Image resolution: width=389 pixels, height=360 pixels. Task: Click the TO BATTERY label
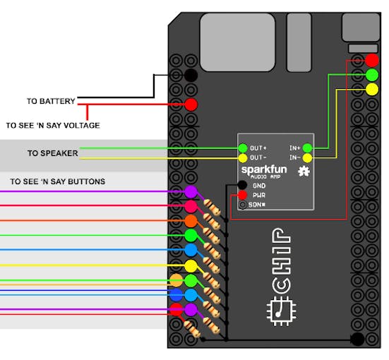click(51, 101)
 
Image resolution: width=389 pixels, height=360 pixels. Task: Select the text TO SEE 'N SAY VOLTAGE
click(53, 125)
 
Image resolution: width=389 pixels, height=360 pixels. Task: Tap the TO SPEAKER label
click(52, 153)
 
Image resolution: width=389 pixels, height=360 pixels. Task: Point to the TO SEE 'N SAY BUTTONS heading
click(58, 181)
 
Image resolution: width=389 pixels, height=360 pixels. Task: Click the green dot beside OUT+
click(243, 148)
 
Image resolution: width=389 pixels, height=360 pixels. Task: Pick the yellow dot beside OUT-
click(243, 158)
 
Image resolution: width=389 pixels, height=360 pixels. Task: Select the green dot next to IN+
click(307, 148)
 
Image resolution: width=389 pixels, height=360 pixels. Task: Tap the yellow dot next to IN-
click(307, 158)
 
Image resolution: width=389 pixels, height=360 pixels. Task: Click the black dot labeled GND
click(242, 185)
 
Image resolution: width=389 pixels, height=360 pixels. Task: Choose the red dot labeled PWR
click(242, 195)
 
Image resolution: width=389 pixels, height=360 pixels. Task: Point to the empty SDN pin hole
click(242, 205)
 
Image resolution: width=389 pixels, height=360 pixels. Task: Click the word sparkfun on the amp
click(264, 170)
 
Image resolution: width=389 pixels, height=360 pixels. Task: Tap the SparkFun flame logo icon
click(304, 172)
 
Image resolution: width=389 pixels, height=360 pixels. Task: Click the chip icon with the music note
click(281, 311)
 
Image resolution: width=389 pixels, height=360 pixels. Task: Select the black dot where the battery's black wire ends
click(191, 75)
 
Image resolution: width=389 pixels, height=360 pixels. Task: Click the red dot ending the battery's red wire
click(191, 104)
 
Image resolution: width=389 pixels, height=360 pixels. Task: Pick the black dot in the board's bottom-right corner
click(357, 339)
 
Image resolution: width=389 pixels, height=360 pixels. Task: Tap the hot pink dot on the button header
click(191, 206)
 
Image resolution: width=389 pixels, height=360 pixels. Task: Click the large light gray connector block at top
click(238, 42)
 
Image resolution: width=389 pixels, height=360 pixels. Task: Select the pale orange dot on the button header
click(176, 280)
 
